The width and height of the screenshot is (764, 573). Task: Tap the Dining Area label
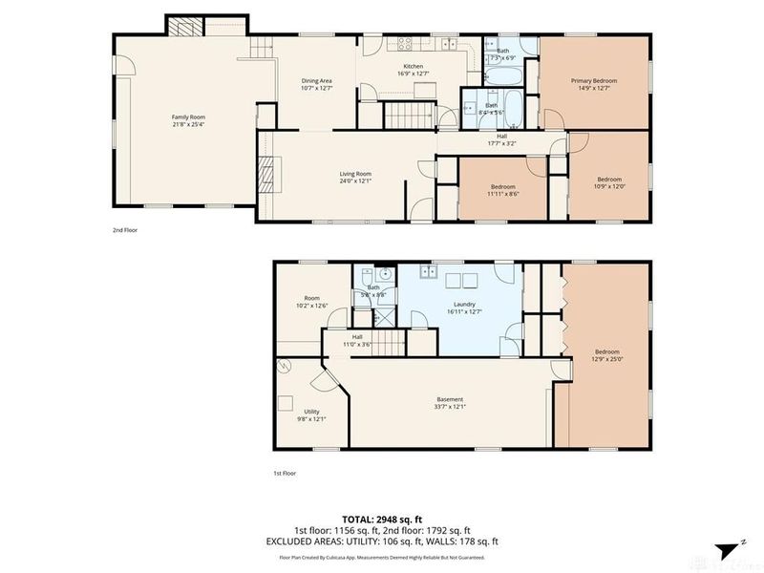[316, 84]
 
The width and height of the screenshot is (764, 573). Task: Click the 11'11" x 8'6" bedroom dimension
[502, 194]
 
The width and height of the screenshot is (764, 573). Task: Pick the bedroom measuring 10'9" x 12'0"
[610, 183]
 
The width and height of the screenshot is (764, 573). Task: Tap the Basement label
[450, 402]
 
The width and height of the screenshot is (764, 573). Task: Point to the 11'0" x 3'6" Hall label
[356, 341]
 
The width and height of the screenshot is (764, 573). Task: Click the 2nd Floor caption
[124, 229]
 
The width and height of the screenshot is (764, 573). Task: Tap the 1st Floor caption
[285, 472]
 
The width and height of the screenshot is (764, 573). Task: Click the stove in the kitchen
[404, 43]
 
